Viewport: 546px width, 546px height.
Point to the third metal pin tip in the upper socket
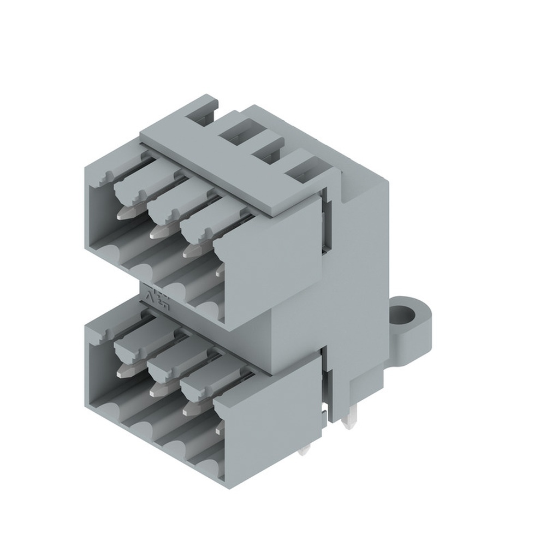coord(191,251)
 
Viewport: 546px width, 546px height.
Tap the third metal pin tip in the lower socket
coord(191,408)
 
